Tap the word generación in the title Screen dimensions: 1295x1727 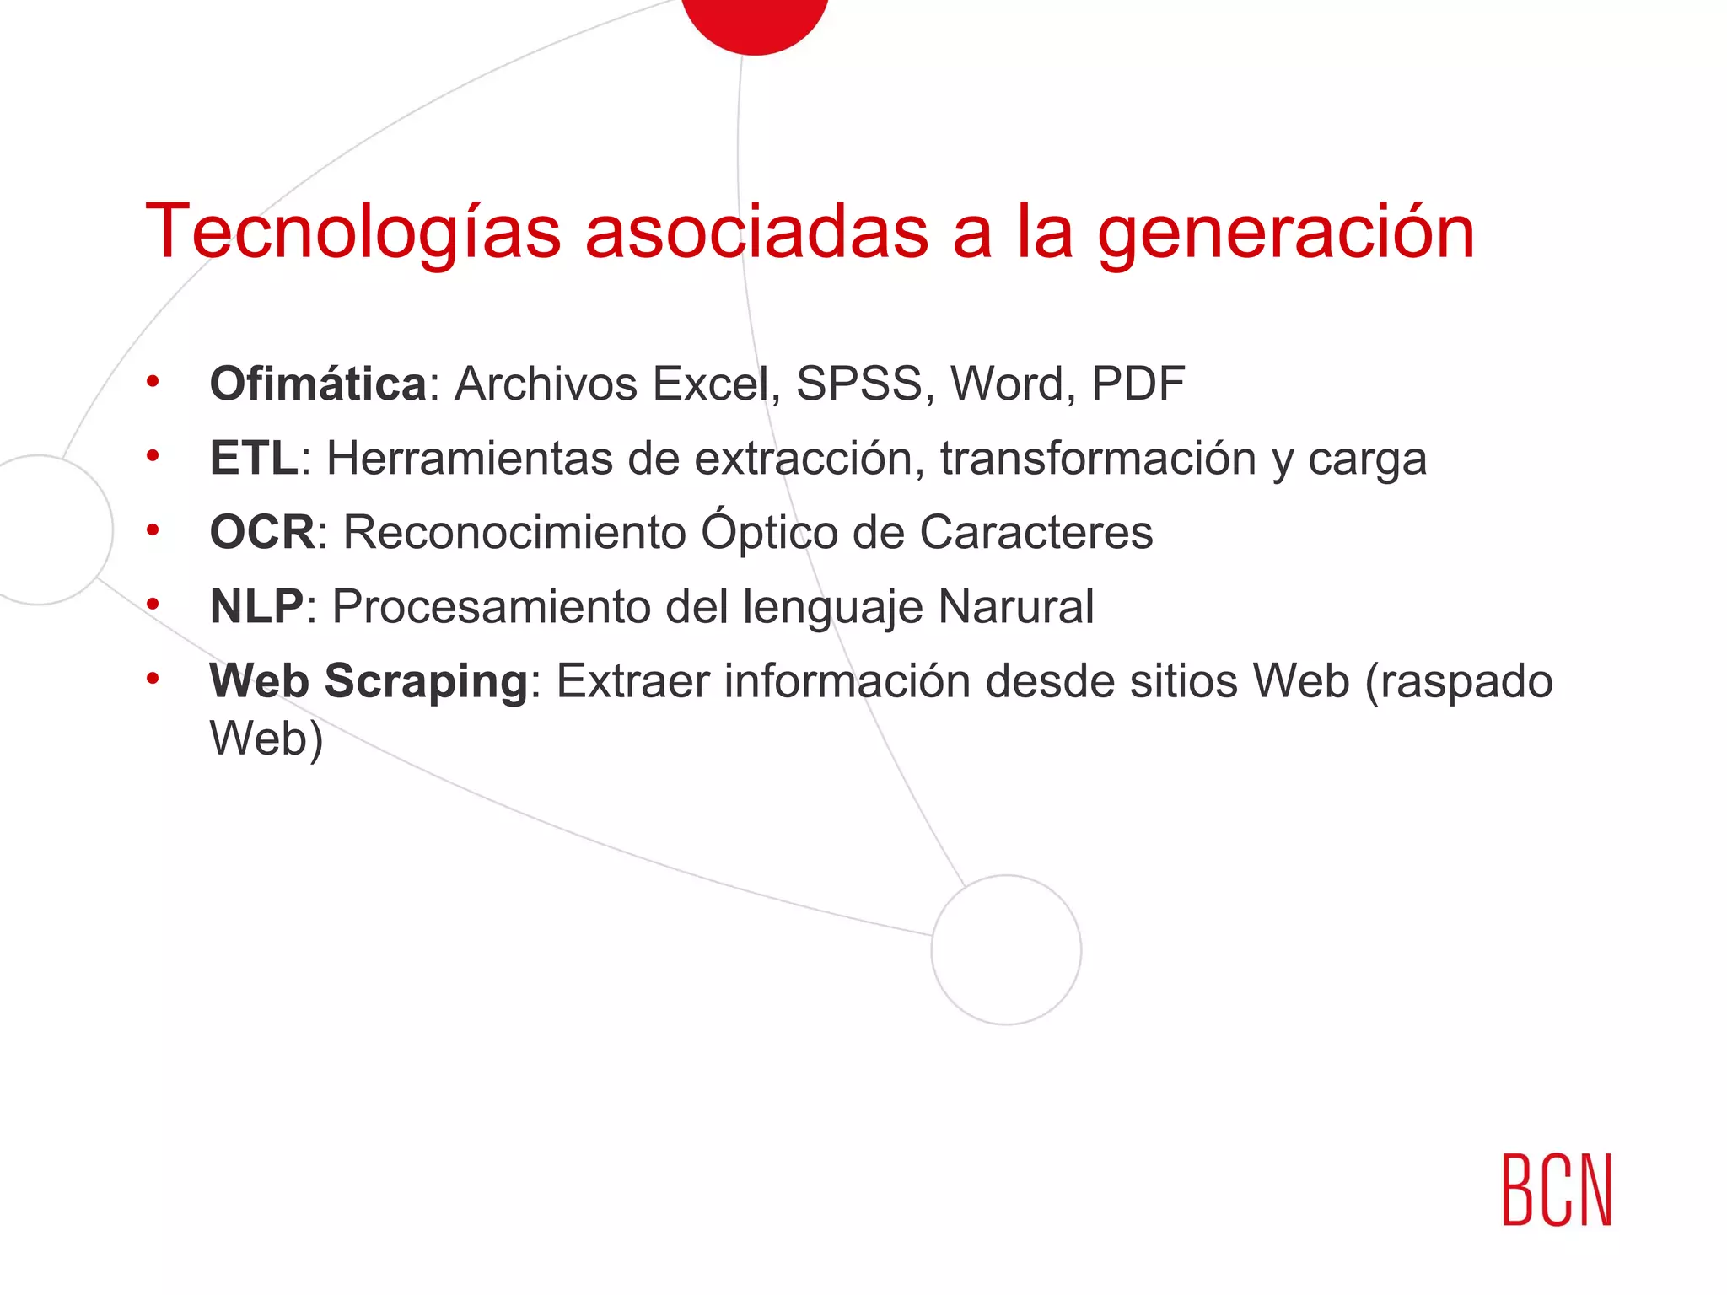click(1285, 234)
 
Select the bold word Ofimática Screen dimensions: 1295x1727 click(319, 384)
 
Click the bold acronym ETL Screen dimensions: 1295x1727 click(254, 459)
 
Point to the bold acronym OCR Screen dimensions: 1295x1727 click(262, 533)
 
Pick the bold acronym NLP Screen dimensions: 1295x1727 click(256, 607)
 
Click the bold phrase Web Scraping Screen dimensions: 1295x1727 click(369, 681)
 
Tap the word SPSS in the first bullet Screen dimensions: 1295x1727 click(864, 384)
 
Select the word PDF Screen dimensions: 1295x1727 click(1138, 384)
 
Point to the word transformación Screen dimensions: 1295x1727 click(1098, 459)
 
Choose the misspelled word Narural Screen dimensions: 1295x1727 click(1015, 607)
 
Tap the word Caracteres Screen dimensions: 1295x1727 click(1036, 533)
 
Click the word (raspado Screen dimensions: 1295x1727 click(1458, 681)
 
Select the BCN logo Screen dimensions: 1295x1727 click(1557, 1190)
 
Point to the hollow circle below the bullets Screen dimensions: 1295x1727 click(1006, 950)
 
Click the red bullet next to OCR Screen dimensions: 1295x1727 click(153, 530)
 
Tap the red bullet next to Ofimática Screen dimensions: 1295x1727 click(153, 382)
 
